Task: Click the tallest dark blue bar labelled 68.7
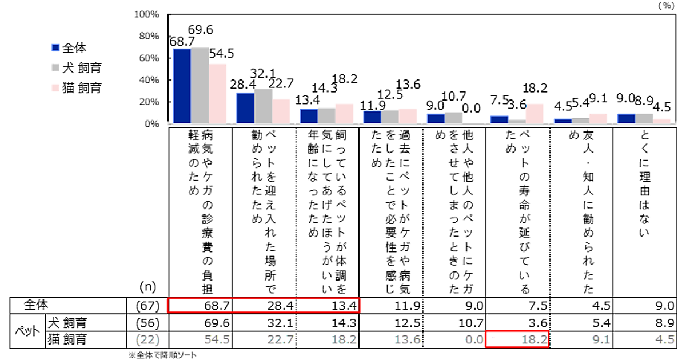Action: pos(182,86)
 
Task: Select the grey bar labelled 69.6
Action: pos(200,85)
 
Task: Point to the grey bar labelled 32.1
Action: pos(263,106)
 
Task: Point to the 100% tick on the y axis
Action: pos(146,14)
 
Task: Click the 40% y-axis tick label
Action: pos(148,80)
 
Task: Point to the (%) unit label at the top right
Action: pos(667,5)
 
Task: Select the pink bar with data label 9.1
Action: pos(598,119)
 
